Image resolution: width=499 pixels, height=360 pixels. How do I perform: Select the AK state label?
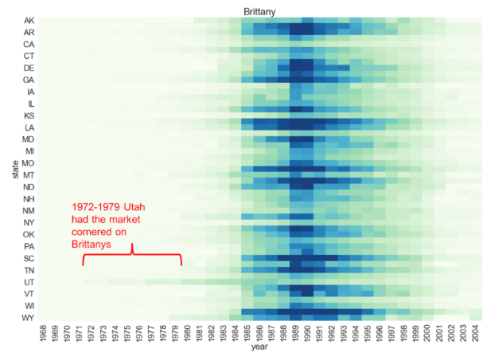[x=29, y=20]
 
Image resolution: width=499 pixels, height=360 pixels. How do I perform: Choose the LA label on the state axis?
[x=29, y=127]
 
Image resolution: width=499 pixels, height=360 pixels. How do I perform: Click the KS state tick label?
[x=29, y=115]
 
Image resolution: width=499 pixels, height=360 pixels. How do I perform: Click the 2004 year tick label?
[x=475, y=334]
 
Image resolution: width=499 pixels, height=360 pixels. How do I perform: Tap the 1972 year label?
[x=92, y=334]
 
